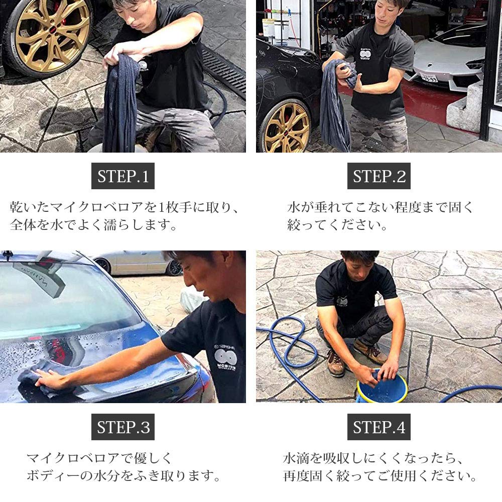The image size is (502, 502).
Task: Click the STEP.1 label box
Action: [x=123, y=176]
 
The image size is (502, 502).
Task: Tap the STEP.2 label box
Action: [x=379, y=176]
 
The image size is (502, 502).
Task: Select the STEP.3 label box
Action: [x=123, y=427]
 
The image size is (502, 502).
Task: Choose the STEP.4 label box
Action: [x=379, y=427]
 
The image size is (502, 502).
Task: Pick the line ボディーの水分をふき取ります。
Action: [x=123, y=475]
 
